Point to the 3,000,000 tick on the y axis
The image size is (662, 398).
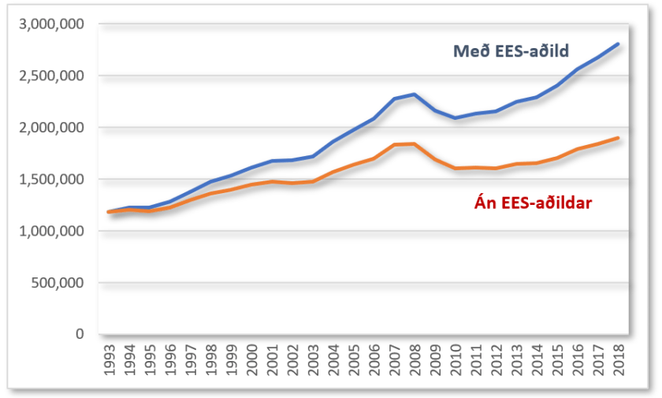53,24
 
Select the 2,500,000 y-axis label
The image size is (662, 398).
53,76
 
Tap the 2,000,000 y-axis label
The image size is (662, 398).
53,128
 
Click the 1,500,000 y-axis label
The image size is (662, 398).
53,180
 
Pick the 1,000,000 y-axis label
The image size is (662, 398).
53,232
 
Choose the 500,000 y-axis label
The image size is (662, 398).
60,283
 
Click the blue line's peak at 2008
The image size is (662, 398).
415,95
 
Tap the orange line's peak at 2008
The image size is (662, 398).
415,143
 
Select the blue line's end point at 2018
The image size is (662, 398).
618,44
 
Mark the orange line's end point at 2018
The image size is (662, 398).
618,138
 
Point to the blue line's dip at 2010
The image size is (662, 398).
456,118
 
